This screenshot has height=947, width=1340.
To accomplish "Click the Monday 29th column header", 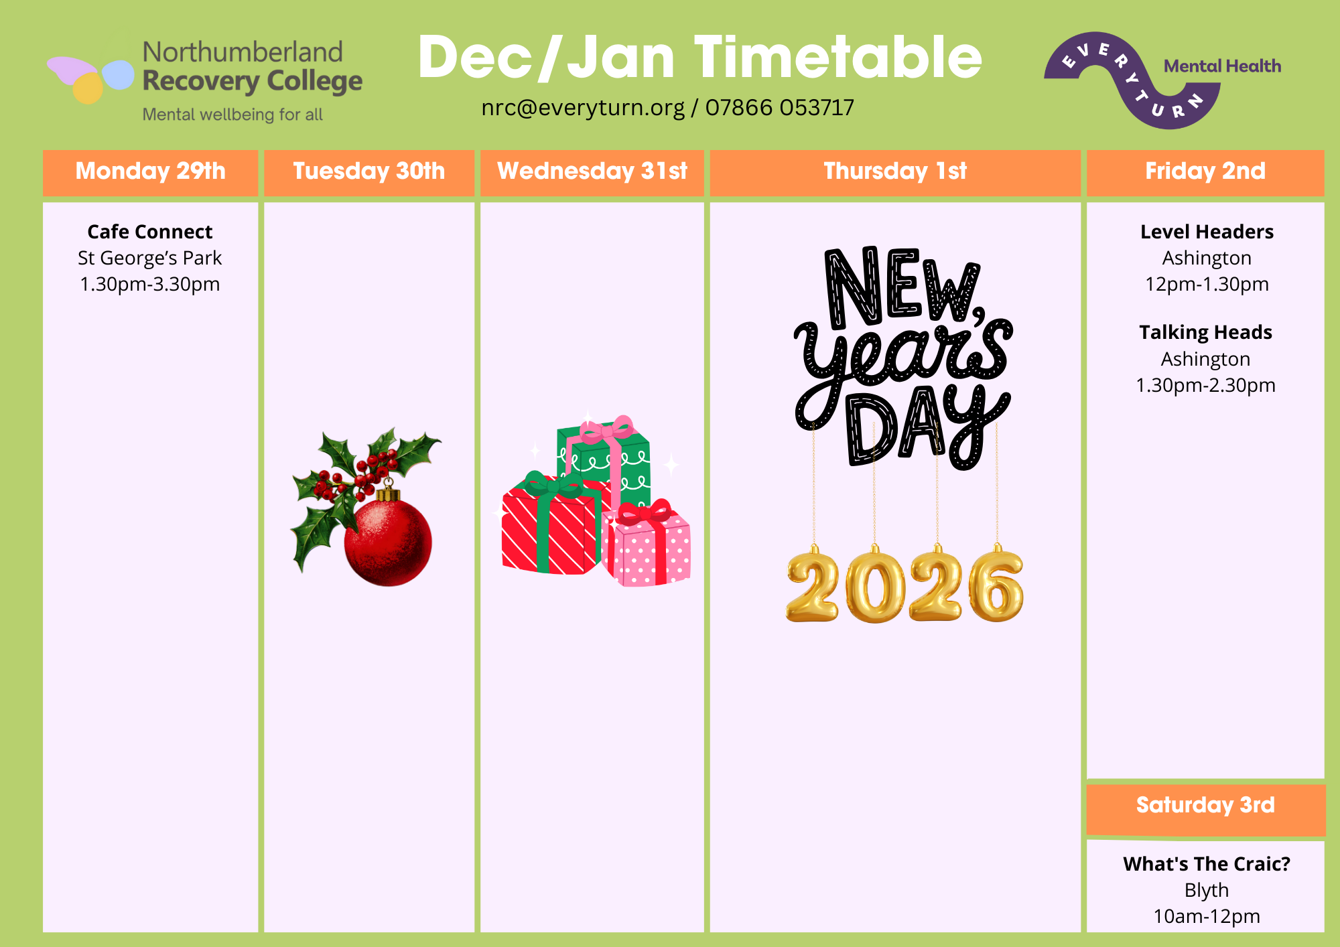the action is tap(150, 171).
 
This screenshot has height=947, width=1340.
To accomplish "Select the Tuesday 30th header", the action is tap(369, 171).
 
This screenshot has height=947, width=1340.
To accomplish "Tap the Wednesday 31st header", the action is tap(592, 171).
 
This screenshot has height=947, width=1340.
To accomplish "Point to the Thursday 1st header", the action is tap(895, 171).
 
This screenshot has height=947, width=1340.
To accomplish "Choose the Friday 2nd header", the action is tap(1205, 171).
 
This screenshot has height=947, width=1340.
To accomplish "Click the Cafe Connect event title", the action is tap(150, 232).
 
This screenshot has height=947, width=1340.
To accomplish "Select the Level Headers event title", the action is tap(1207, 232).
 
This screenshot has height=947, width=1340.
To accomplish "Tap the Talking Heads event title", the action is tap(1206, 333).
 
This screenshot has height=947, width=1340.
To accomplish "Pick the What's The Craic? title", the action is tap(1207, 864).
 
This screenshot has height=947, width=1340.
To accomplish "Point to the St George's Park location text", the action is tap(150, 259).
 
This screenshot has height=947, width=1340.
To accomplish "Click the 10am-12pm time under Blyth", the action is tap(1207, 916).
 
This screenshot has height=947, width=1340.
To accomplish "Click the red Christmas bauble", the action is tap(388, 542).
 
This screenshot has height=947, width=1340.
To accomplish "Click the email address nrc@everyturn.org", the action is tap(583, 108).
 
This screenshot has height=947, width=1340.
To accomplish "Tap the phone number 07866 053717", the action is tap(780, 108).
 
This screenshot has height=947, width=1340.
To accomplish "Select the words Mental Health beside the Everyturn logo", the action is tap(1223, 66).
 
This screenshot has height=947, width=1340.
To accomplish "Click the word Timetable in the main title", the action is tap(838, 58).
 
